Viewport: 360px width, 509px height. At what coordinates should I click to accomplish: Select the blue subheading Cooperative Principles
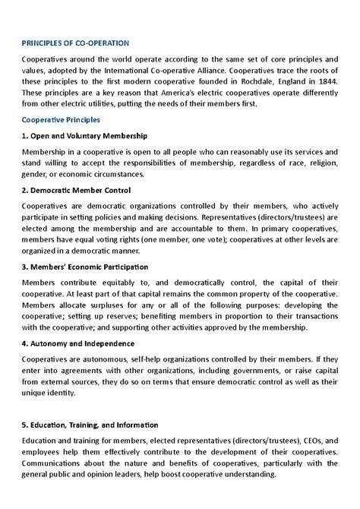(x=65, y=120)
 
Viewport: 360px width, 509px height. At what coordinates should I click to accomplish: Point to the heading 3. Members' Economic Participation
(x=85, y=267)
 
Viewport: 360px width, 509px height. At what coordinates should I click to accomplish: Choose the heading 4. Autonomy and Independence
(x=81, y=343)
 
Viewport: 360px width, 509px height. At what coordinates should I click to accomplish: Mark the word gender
(x=35, y=174)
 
